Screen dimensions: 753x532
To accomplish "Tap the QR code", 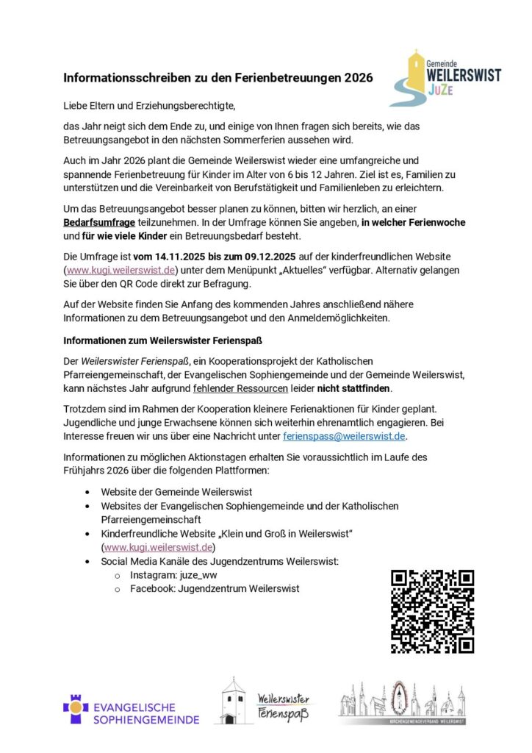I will [432, 611].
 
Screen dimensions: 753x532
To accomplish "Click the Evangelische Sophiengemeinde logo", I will [131, 708].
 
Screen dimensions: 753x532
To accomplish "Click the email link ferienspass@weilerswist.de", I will [344, 436].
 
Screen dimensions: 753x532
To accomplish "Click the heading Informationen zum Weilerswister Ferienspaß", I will [163, 340].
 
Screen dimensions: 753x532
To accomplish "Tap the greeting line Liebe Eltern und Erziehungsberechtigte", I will [151, 106].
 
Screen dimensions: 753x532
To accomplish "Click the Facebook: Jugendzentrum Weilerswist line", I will [215, 588].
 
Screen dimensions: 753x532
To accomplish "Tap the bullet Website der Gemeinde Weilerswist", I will [176, 491].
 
